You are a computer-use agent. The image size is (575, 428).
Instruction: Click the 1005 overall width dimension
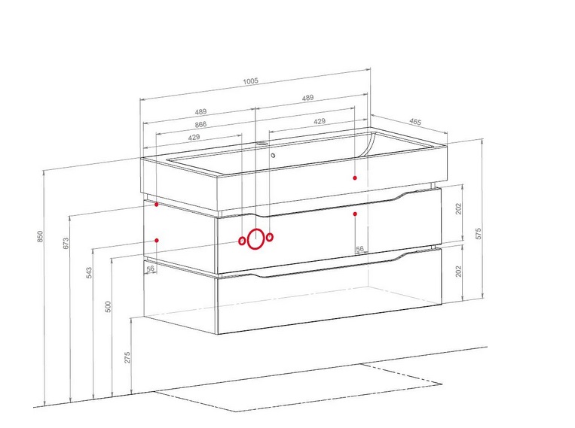(x=250, y=81)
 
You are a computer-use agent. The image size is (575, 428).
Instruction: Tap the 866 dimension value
(x=200, y=124)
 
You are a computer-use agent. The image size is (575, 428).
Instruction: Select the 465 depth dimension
(x=415, y=122)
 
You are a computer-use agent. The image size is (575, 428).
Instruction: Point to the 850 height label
(x=40, y=236)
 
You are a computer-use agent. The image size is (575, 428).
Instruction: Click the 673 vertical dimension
(x=66, y=243)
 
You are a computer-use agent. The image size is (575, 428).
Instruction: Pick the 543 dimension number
(x=89, y=273)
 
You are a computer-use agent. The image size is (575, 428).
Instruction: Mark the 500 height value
(x=108, y=307)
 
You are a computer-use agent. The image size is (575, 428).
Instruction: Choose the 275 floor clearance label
(x=127, y=357)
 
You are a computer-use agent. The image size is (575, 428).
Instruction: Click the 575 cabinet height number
(x=479, y=234)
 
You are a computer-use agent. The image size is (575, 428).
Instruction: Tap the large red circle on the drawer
(x=255, y=239)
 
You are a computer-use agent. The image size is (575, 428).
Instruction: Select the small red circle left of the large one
(x=242, y=241)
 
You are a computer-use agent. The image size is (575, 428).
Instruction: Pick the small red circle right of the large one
(x=270, y=237)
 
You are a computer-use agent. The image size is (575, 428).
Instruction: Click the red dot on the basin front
(x=355, y=178)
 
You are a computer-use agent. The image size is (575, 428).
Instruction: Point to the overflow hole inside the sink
(x=273, y=156)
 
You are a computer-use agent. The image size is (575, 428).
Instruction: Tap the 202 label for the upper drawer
(x=459, y=208)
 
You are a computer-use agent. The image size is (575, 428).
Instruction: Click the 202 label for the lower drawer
(x=459, y=272)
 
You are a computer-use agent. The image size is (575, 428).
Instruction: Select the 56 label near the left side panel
(x=151, y=269)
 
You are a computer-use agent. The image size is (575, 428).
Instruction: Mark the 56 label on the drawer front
(x=359, y=249)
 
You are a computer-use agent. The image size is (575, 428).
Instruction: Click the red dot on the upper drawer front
(x=355, y=214)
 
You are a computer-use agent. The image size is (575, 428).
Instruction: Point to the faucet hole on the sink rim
(x=261, y=144)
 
